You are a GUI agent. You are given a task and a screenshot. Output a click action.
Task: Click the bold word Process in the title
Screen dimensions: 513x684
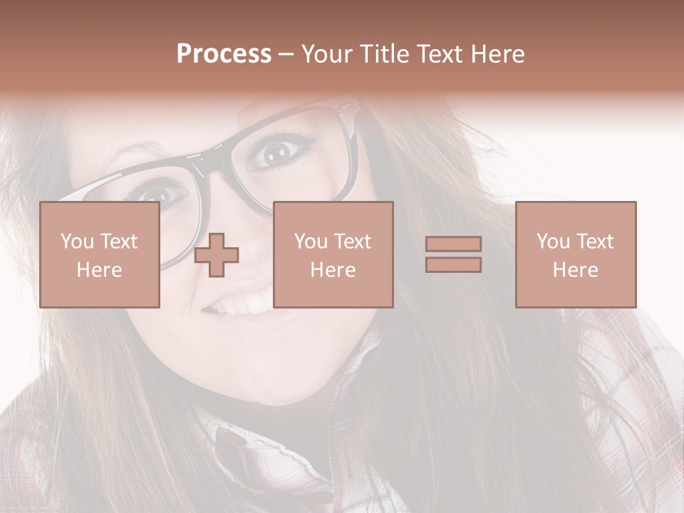(224, 54)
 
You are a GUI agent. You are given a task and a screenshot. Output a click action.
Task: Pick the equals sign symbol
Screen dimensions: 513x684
(453, 254)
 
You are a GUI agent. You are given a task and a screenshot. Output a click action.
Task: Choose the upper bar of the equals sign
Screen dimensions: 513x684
(453, 244)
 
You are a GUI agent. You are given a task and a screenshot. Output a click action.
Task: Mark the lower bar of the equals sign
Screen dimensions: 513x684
(453, 264)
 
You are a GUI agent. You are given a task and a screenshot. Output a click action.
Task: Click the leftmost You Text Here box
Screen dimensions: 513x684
(99, 254)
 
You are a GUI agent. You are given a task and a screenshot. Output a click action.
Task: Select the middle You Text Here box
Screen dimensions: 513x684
(333, 254)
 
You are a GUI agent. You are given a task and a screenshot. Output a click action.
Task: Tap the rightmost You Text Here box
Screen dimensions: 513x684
(575, 254)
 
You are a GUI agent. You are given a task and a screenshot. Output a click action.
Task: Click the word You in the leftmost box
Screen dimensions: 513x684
(76, 242)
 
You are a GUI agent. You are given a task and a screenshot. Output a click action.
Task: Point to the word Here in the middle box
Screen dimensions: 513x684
(333, 269)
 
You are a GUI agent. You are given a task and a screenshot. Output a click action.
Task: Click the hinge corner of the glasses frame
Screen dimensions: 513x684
(347, 110)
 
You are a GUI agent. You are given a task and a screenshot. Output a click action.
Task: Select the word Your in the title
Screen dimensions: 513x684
(328, 54)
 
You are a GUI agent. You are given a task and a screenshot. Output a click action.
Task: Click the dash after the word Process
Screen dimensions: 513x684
(286, 55)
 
